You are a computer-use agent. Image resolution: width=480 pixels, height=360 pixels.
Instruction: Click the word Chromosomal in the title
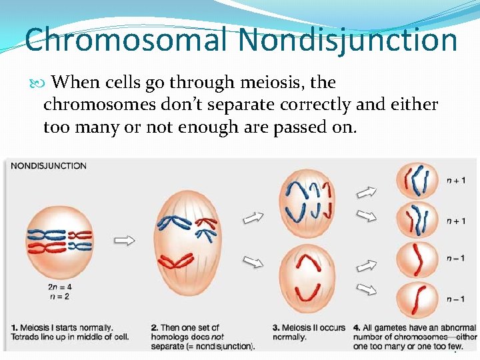pyautogui.click(x=127, y=39)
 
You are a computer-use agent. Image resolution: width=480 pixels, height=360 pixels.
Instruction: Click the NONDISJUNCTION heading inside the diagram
pyautogui.click(x=49, y=165)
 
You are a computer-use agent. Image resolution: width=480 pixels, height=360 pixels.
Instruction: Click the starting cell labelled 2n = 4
pyautogui.click(x=61, y=241)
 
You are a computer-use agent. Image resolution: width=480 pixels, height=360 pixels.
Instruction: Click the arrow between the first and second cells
pyautogui.click(x=125, y=241)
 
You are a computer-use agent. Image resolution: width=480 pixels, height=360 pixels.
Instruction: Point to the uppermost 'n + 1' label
pyautogui.click(x=455, y=180)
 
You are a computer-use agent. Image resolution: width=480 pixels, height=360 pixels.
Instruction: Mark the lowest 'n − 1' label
pyautogui.click(x=455, y=299)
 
